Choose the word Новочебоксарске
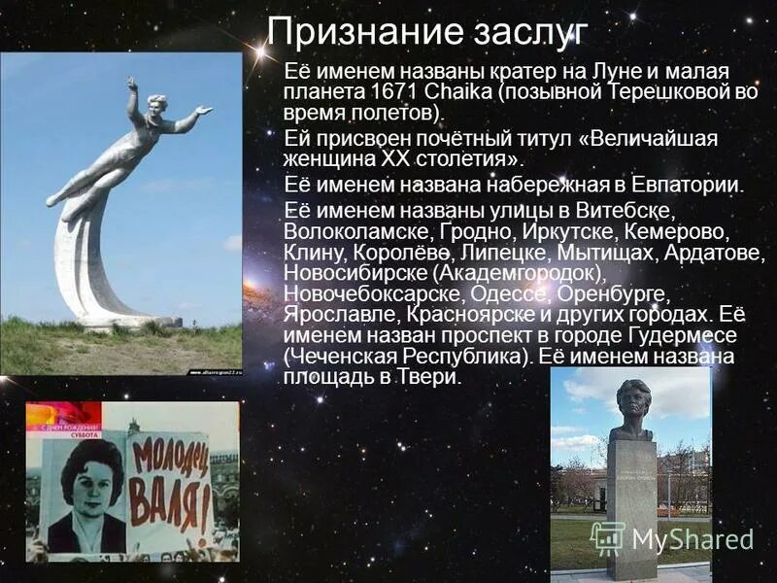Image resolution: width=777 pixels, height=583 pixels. pyautogui.click(x=368, y=294)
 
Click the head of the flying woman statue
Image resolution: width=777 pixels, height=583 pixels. pyautogui.click(x=156, y=104)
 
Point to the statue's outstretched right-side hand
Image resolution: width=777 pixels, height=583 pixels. pyautogui.click(x=203, y=110)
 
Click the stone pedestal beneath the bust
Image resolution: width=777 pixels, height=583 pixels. pyautogui.click(x=632, y=505)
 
